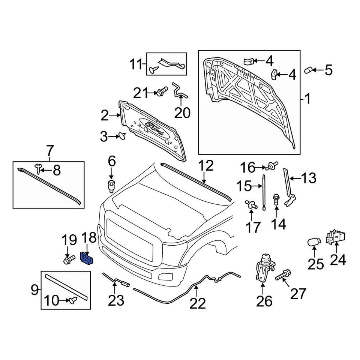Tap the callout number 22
tap(198, 303)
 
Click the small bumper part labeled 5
tap(308, 70)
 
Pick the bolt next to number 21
tap(162, 91)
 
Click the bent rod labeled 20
tap(179, 92)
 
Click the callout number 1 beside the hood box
tap(307, 100)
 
